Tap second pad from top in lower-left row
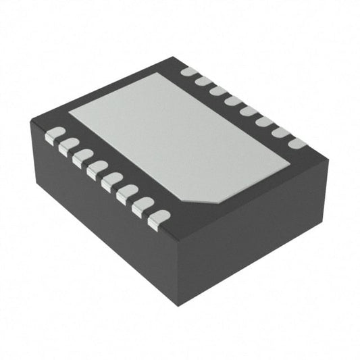click(69, 145)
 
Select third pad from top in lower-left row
click(83, 156)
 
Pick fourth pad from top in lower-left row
click(97, 167)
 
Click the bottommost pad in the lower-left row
click(158, 217)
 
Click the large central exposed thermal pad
click(179, 139)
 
